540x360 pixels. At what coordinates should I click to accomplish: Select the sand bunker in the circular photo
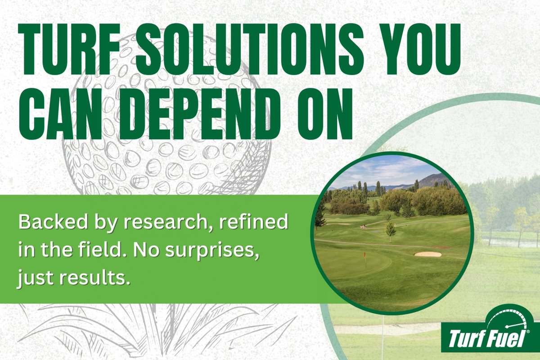point(428,254)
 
